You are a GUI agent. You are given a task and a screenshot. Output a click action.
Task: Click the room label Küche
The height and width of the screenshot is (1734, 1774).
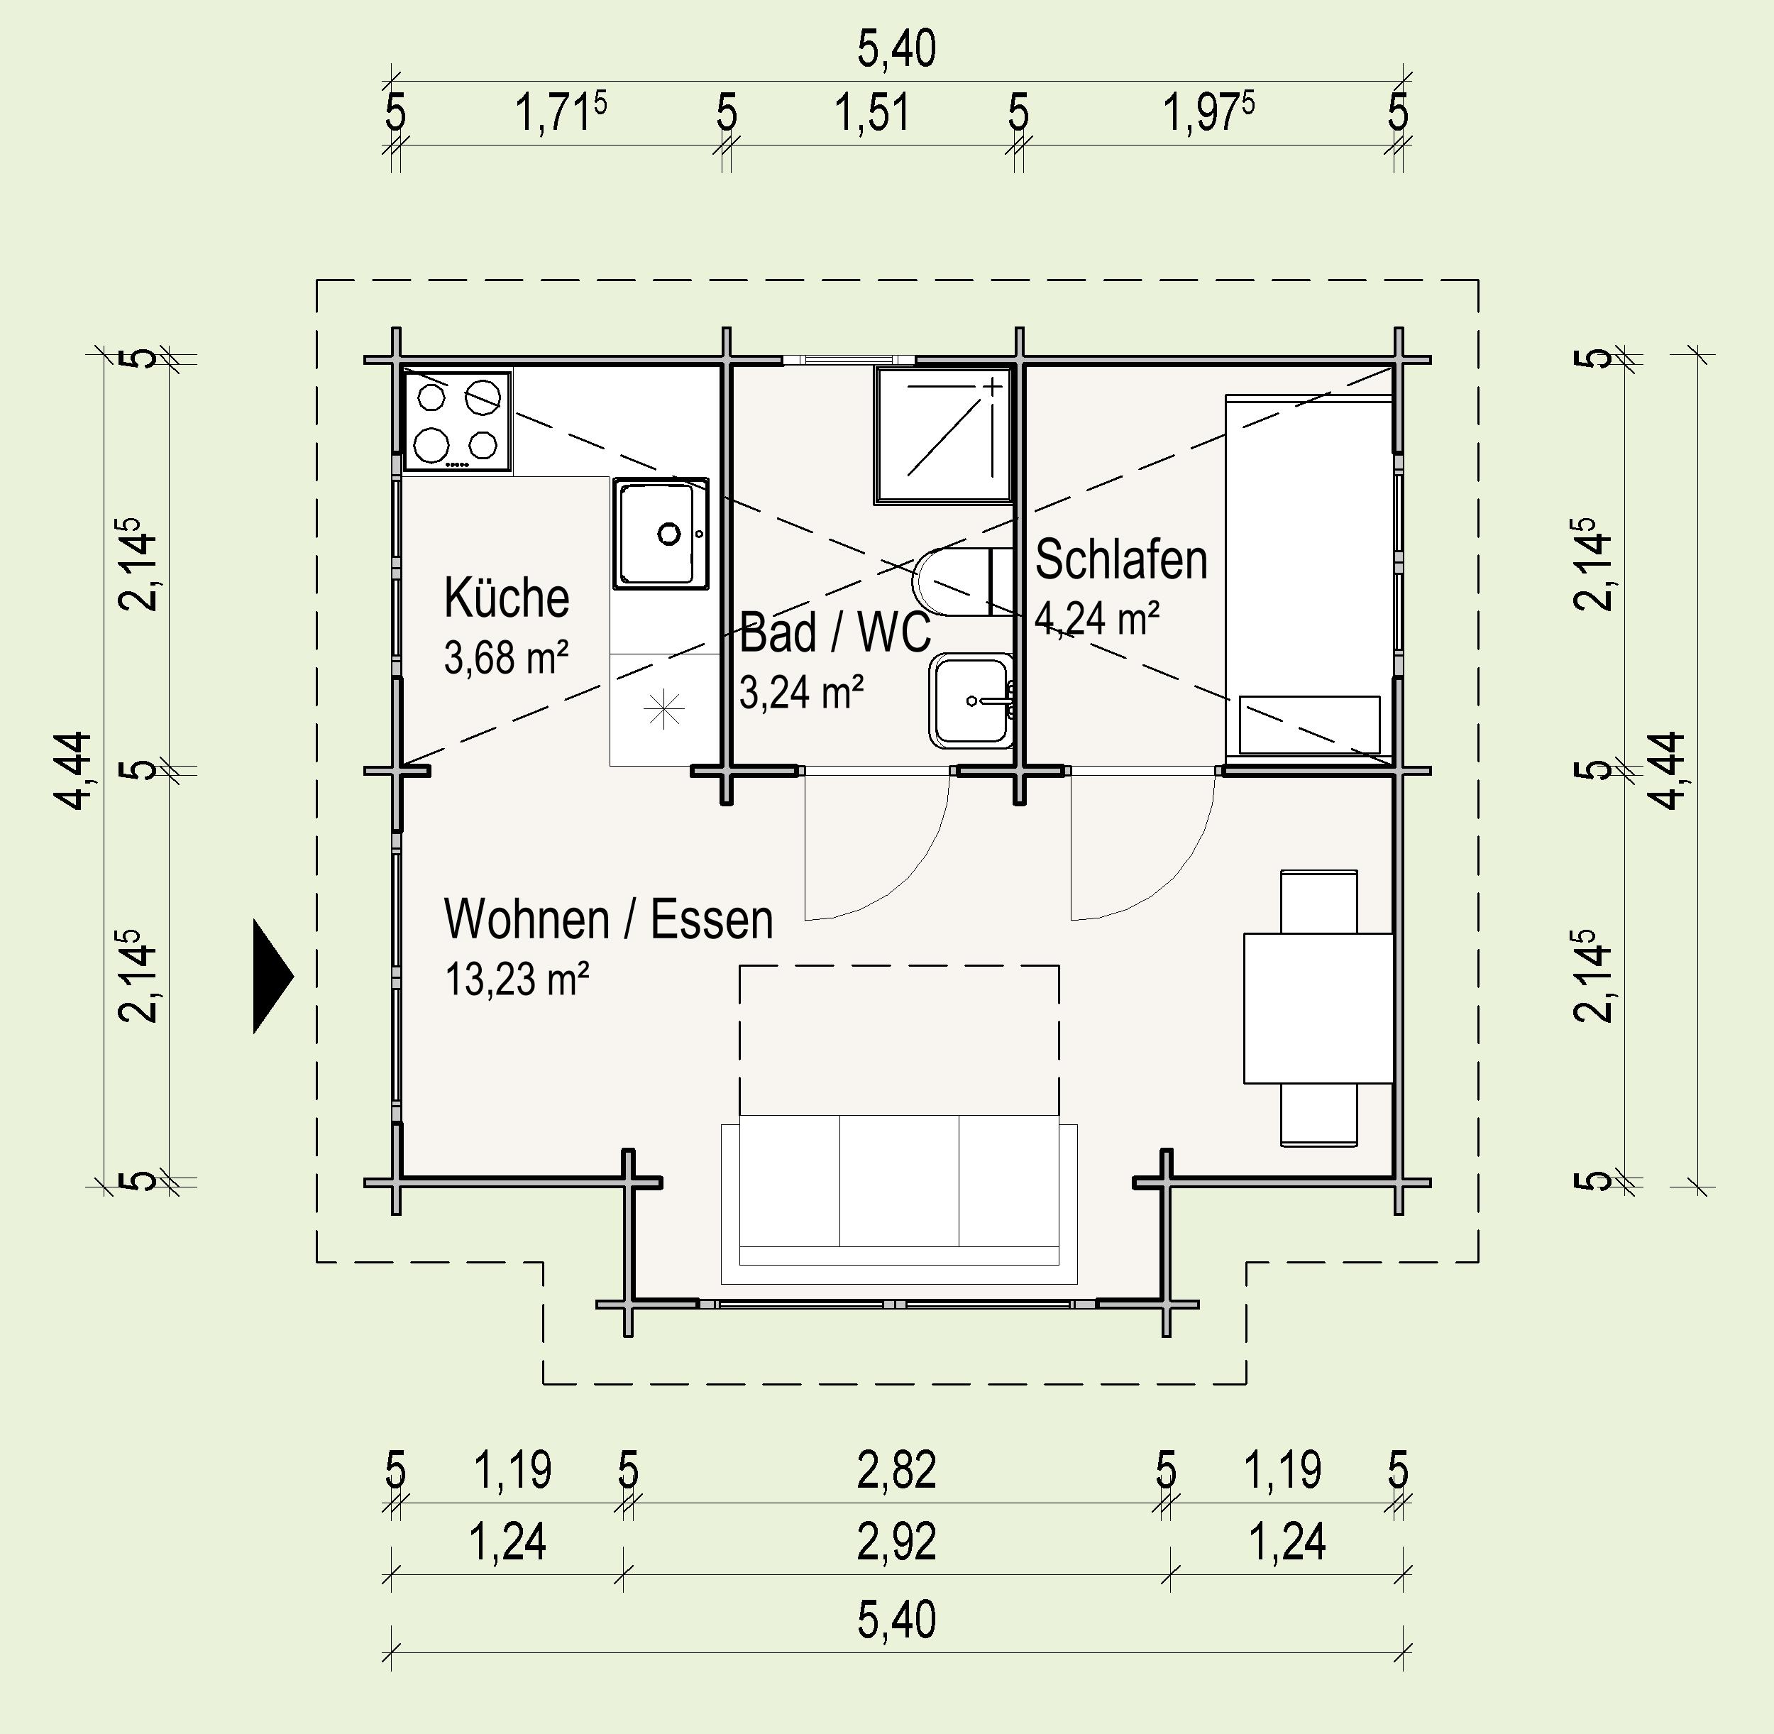pos(507,598)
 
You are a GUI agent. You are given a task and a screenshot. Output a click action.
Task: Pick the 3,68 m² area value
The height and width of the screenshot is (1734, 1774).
pos(507,657)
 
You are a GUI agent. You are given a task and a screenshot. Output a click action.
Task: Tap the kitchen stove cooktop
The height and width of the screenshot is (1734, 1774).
pos(457,421)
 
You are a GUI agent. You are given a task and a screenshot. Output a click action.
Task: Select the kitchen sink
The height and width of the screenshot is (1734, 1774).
pos(660,534)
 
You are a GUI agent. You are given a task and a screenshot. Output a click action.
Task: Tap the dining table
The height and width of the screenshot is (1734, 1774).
pos(1318,1008)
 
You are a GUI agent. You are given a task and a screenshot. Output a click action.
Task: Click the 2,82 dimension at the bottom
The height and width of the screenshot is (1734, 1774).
pos(897,1471)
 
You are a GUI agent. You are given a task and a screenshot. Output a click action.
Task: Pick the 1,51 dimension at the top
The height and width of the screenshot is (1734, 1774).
pos(872,113)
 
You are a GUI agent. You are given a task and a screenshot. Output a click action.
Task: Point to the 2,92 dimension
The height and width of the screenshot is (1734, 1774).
pos(897,1542)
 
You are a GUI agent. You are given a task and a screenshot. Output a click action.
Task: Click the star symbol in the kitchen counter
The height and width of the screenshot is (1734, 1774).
pos(664,710)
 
